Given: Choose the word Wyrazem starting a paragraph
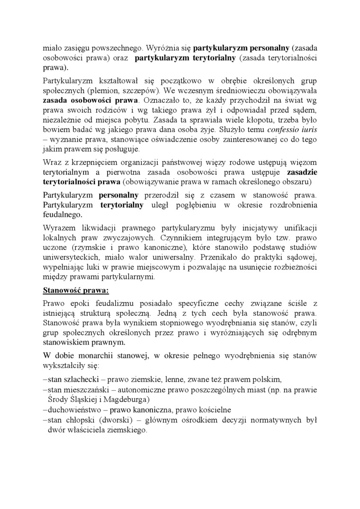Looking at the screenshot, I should coord(58,226).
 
